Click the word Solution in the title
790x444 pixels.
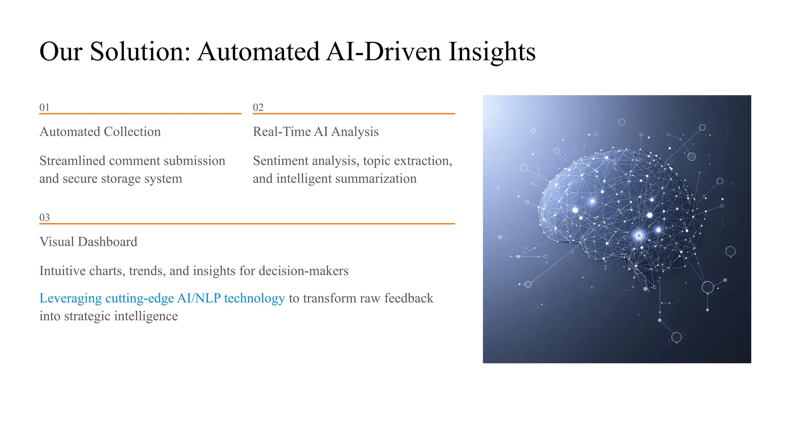140,52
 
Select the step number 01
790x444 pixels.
44,108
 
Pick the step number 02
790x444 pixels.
258,108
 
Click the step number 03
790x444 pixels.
44,217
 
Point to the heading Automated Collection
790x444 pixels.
100,132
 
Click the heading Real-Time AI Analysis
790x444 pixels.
316,132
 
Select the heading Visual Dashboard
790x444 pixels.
88,242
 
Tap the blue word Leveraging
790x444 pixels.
71,298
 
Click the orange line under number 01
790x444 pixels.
140,114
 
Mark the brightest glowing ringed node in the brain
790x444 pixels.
639,235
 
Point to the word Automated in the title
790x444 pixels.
258,52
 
